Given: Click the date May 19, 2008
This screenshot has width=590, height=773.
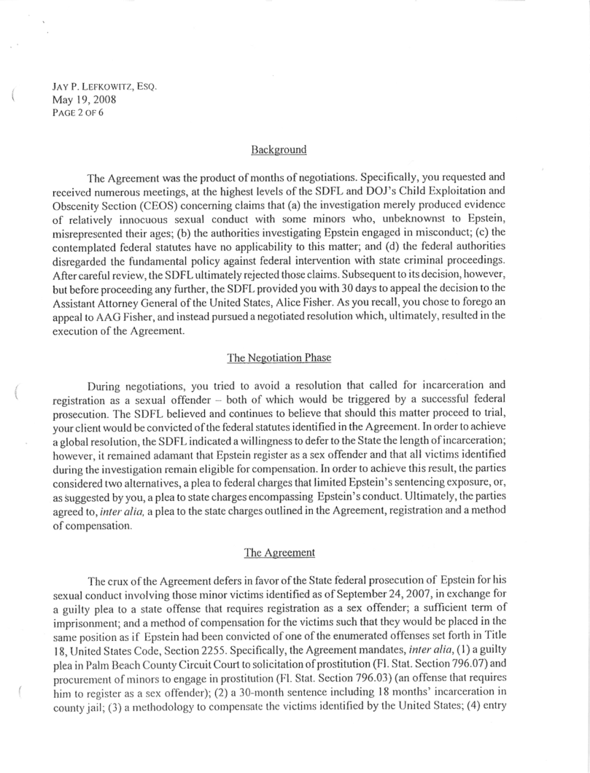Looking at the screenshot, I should point(81,100).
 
